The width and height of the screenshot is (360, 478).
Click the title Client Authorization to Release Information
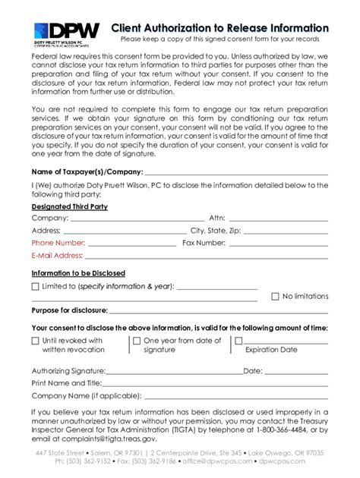[x=219, y=27]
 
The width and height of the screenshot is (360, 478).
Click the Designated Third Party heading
[x=70, y=206]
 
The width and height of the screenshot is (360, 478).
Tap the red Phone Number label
[x=58, y=243]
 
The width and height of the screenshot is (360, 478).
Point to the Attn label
[x=217, y=218]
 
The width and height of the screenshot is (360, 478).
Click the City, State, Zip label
[x=216, y=231]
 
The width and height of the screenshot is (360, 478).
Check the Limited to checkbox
[x=35, y=287]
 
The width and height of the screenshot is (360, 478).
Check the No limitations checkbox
[x=275, y=297]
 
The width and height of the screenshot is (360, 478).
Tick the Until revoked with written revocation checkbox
[x=35, y=341]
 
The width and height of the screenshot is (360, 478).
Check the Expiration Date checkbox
[x=238, y=341]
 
